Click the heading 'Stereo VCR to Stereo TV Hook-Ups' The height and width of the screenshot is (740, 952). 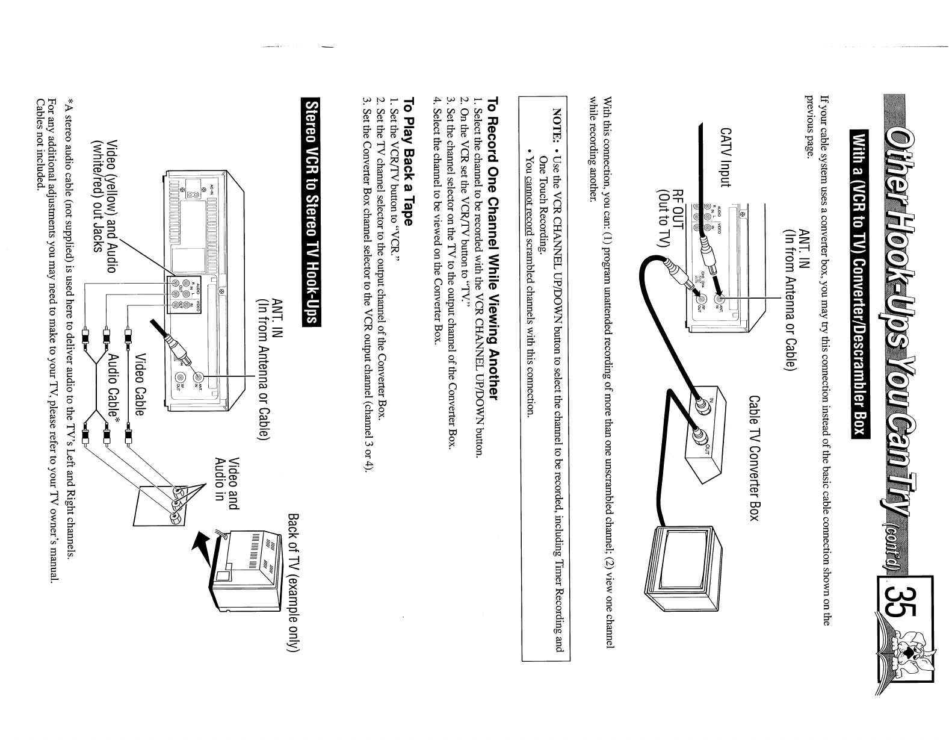[x=313, y=213]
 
